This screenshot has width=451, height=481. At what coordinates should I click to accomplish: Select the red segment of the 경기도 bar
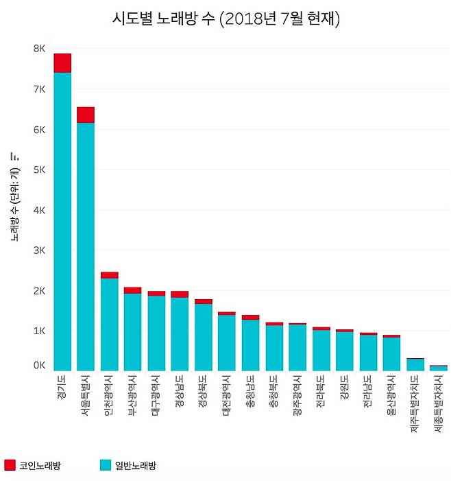62,62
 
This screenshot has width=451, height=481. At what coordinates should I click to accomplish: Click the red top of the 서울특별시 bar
86,115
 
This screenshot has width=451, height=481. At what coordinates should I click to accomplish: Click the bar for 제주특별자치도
415,364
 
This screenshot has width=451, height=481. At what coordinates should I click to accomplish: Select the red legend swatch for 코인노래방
10,465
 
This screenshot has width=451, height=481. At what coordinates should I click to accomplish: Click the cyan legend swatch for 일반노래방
105,465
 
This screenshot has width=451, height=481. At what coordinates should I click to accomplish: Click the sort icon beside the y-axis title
14,156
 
